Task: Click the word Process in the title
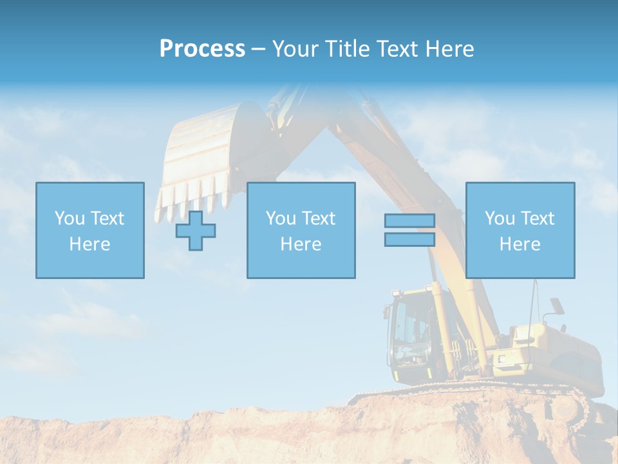pyautogui.click(x=202, y=49)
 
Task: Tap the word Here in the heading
pyautogui.click(x=450, y=49)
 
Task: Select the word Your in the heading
pyautogui.click(x=295, y=49)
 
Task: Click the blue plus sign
pyautogui.click(x=196, y=230)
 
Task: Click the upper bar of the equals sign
pyautogui.click(x=409, y=221)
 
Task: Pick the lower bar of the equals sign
pyautogui.click(x=409, y=239)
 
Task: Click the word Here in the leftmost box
pyautogui.click(x=90, y=244)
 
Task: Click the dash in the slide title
pyautogui.click(x=258, y=49)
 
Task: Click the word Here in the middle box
pyautogui.click(x=301, y=244)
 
